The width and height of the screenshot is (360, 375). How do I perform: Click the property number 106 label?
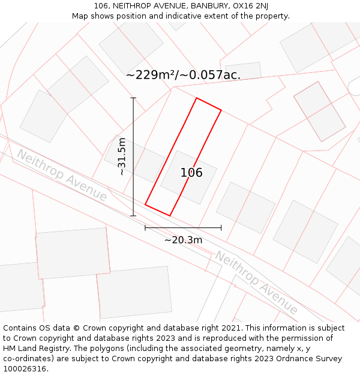tap(191, 173)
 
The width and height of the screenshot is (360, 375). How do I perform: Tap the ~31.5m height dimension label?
tap(122, 157)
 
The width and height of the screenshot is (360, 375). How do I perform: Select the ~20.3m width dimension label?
tap(183, 240)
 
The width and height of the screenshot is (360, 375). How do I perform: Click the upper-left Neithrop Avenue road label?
tap(61, 175)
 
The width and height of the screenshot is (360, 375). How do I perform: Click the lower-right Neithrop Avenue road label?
tap(256, 283)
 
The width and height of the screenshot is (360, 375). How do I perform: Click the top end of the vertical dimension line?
tap(133, 98)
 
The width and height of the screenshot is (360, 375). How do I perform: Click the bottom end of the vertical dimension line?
tap(133, 215)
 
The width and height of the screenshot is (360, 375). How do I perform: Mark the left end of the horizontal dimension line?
tap(145, 227)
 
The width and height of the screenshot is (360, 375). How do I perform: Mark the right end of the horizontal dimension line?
tap(221, 227)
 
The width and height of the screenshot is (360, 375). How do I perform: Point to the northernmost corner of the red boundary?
tap(197, 98)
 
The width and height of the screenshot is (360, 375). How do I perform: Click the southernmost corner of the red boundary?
tap(170, 215)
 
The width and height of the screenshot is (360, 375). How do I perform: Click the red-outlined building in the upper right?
tap(319, 111)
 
